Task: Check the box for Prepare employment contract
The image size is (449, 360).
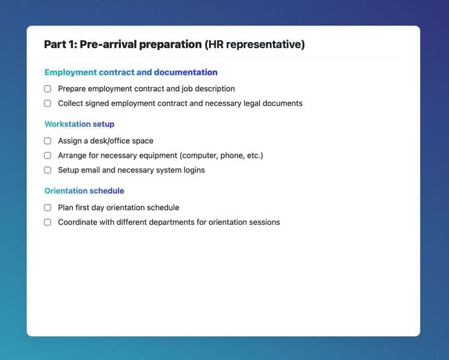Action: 47,89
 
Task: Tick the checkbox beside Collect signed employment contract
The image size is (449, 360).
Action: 47,103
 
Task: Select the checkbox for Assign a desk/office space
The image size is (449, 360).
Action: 47,141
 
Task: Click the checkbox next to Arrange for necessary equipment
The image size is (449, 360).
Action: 47,155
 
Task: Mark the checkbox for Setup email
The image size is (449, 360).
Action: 47,170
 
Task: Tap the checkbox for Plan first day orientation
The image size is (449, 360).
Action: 47,208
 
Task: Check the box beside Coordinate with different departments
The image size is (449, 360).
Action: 47,222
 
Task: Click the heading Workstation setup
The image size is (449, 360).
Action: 79,124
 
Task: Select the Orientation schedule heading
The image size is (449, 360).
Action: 84,191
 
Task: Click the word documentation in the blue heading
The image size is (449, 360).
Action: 186,72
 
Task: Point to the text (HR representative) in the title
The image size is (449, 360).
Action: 254,45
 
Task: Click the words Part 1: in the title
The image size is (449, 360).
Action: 60,44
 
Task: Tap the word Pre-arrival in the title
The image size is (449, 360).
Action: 108,44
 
